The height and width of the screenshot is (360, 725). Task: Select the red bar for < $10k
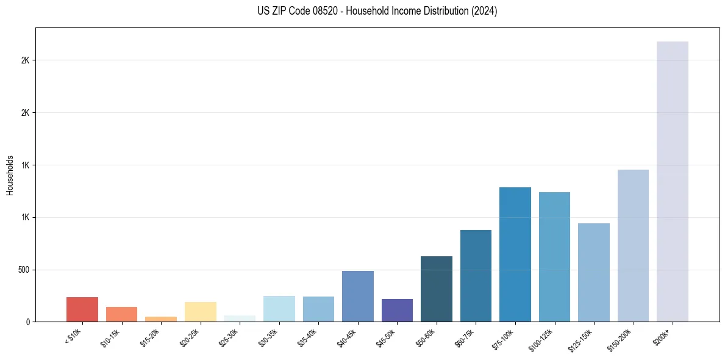(82, 309)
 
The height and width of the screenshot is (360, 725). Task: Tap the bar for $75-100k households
(515, 254)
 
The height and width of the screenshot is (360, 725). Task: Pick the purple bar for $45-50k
(397, 310)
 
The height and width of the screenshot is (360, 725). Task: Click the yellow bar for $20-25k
(201, 312)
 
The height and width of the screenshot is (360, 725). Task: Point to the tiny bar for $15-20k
(161, 319)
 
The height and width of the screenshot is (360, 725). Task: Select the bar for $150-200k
(633, 245)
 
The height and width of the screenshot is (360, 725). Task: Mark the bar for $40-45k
(358, 296)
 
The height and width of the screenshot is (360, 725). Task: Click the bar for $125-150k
(594, 272)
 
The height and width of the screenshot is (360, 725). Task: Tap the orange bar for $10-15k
(122, 314)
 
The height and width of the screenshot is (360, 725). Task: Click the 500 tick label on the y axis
(24, 270)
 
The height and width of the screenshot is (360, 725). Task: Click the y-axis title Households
(10, 175)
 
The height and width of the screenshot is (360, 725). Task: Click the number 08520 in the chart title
(324, 11)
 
